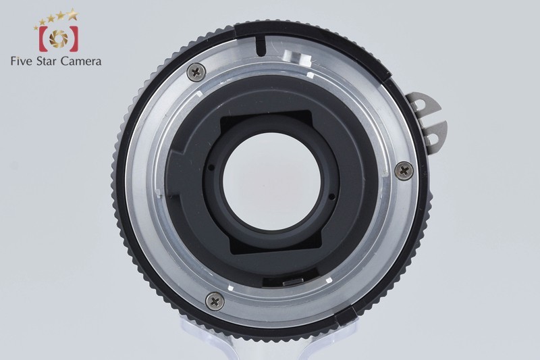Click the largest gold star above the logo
73,14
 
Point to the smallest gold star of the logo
36,28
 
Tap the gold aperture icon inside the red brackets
59,38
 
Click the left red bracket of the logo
43,38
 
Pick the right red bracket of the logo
74,38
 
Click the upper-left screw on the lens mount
196,72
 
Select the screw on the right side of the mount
404,170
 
